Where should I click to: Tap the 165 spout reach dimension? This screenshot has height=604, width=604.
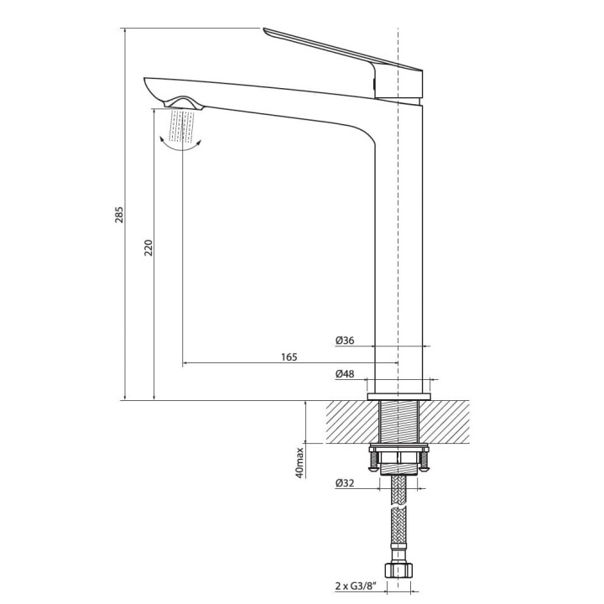coord(289,357)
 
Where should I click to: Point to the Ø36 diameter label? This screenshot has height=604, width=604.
coord(345,340)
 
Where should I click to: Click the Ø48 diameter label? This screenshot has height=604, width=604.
coord(345,373)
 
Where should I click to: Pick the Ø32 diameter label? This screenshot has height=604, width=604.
coord(345,483)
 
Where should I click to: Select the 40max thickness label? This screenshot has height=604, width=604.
coord(299,461)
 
